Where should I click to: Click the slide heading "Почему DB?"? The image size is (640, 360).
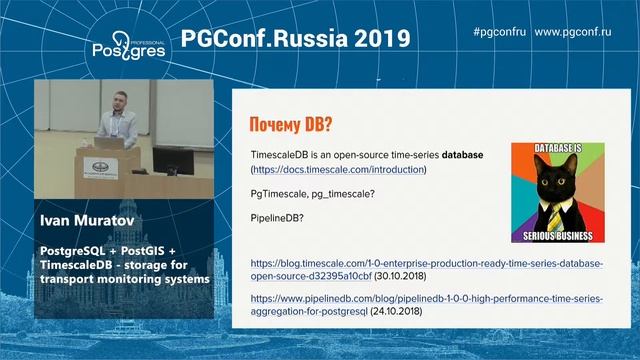point(290,125)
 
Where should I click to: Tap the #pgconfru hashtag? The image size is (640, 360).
point(499,32)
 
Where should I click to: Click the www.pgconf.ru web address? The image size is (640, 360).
point(573,32)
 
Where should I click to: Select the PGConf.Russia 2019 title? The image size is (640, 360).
point(296,39)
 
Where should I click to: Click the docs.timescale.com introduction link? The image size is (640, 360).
point(339,170)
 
